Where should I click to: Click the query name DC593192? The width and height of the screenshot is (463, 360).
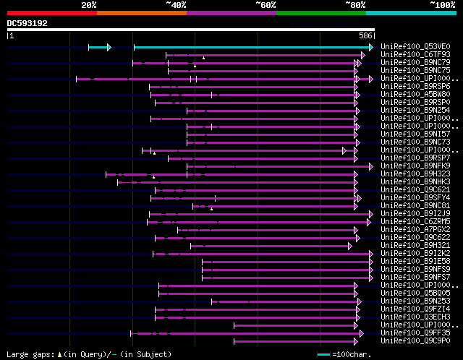27,23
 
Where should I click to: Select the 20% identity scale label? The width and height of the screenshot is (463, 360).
89,5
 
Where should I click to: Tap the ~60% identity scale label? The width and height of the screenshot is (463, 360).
266,5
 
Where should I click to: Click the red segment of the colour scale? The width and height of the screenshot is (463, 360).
51,13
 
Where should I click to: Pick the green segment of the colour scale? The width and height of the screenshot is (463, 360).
320,13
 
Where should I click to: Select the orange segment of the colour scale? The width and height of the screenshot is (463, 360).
141,13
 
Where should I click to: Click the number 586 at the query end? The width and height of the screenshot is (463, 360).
367,35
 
